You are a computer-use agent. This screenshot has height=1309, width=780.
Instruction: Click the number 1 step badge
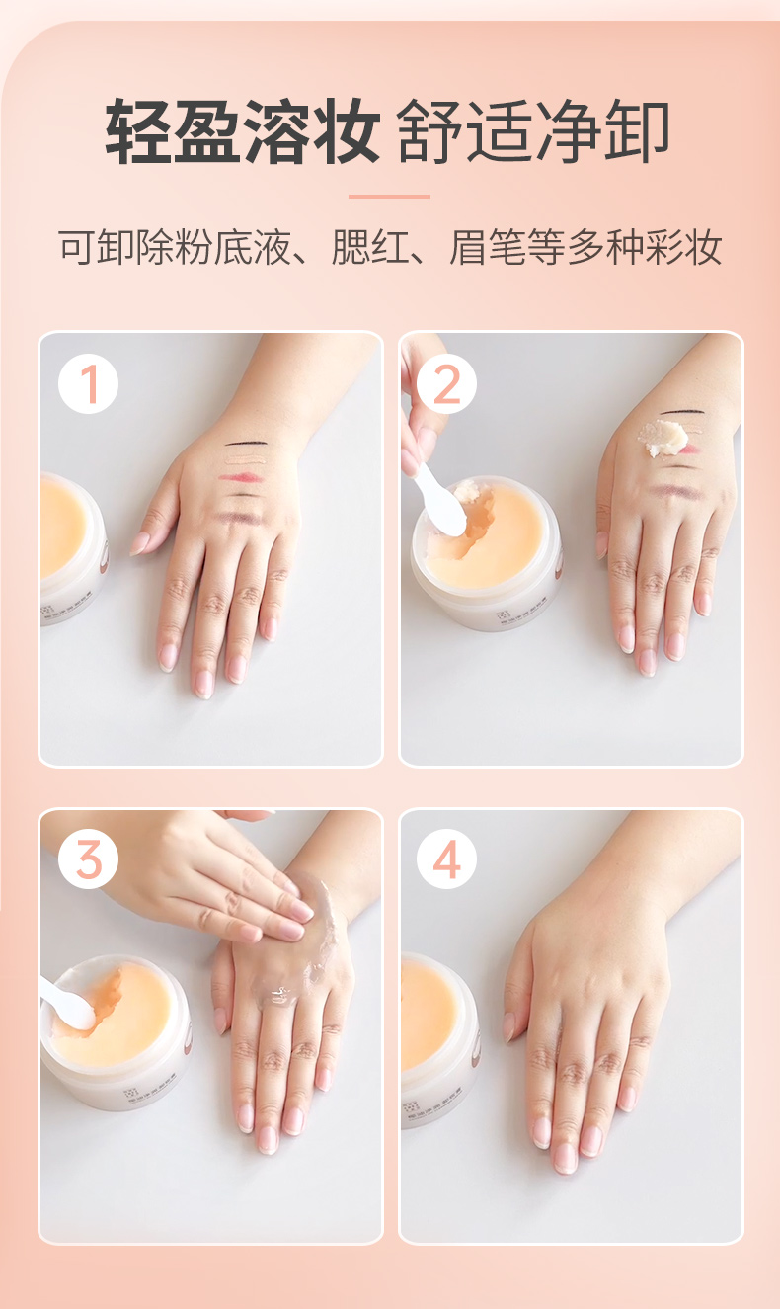point(88,384)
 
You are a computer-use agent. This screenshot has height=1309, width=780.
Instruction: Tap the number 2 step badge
point(446,384)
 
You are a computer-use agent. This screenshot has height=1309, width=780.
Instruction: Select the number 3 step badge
point(88,859)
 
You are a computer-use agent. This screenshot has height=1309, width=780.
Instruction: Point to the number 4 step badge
point(446,859)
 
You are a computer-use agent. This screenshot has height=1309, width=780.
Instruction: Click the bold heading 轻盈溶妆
point(242,130)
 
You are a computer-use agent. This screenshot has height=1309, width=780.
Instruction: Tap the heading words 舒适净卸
point(533,130)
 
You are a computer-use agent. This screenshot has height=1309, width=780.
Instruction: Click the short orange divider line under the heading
point(389,197)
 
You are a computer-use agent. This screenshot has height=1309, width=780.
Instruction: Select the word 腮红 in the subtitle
point(369,247)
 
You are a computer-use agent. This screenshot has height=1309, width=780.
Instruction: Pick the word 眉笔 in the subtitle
point(488,247)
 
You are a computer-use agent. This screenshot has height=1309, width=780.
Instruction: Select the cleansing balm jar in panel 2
point(486,551)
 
